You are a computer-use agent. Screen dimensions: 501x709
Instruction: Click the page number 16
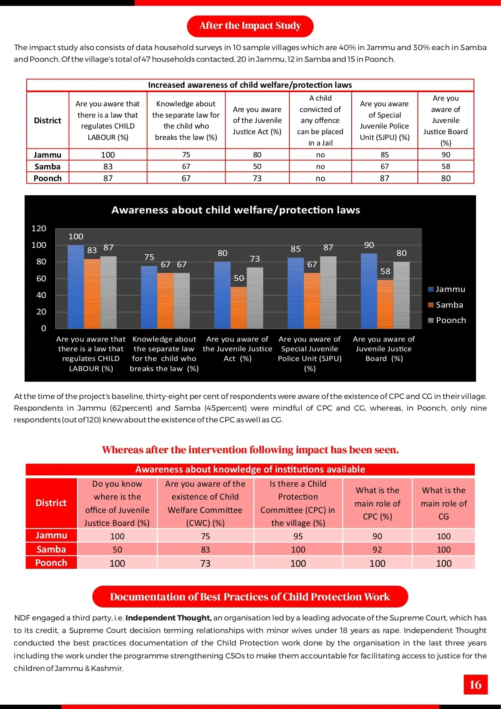[x=475, y=684]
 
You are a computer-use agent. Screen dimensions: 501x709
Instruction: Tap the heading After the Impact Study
[x=250, y=26]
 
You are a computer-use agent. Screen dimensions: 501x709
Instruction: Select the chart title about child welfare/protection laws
[x=236, y=210]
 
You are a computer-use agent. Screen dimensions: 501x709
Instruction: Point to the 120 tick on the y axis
[x=39, y=228]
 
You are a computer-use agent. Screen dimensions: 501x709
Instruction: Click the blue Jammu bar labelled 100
[x=76, y=287]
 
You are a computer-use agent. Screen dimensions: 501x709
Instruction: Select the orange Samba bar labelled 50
[x=239, y=308]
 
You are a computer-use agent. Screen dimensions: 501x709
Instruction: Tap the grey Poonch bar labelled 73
[x=255, y=298]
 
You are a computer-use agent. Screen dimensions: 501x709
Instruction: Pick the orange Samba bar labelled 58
[x=385, y=304]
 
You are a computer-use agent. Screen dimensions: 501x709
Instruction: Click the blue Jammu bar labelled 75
[x=149, y=297]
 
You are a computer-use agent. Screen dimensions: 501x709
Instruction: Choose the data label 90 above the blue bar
[x=369, y=245]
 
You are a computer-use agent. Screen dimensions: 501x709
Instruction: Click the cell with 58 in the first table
[x=446, y=167]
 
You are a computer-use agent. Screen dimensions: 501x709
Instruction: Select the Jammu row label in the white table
[x=48, y=155]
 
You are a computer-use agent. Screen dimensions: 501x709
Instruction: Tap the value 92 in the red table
[x=377, y=550]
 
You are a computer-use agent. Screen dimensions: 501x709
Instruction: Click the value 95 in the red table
[x=298, y=536]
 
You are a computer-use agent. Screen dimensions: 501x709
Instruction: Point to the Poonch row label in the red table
[x=51, y=563]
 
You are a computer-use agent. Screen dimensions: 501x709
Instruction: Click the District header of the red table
[x=51, y=503]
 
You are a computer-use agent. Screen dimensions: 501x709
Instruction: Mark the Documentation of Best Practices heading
[x=250, y=597]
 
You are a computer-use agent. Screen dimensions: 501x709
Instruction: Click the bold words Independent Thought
[x=168, y=618]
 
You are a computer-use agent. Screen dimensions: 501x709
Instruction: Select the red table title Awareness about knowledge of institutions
[x=250, y=469]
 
